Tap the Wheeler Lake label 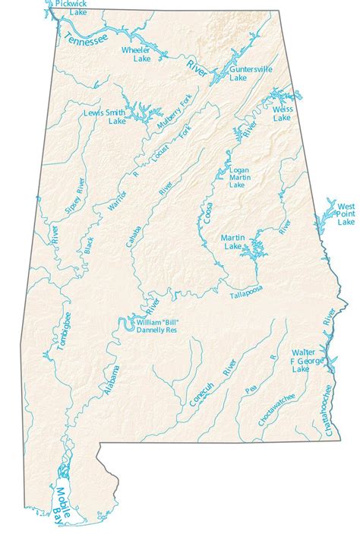tap(137, 54)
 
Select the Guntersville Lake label tap(249, 73)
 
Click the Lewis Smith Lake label tap(106, 115)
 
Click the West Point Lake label tap(346, 214)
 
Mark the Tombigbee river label tap(65, 332)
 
